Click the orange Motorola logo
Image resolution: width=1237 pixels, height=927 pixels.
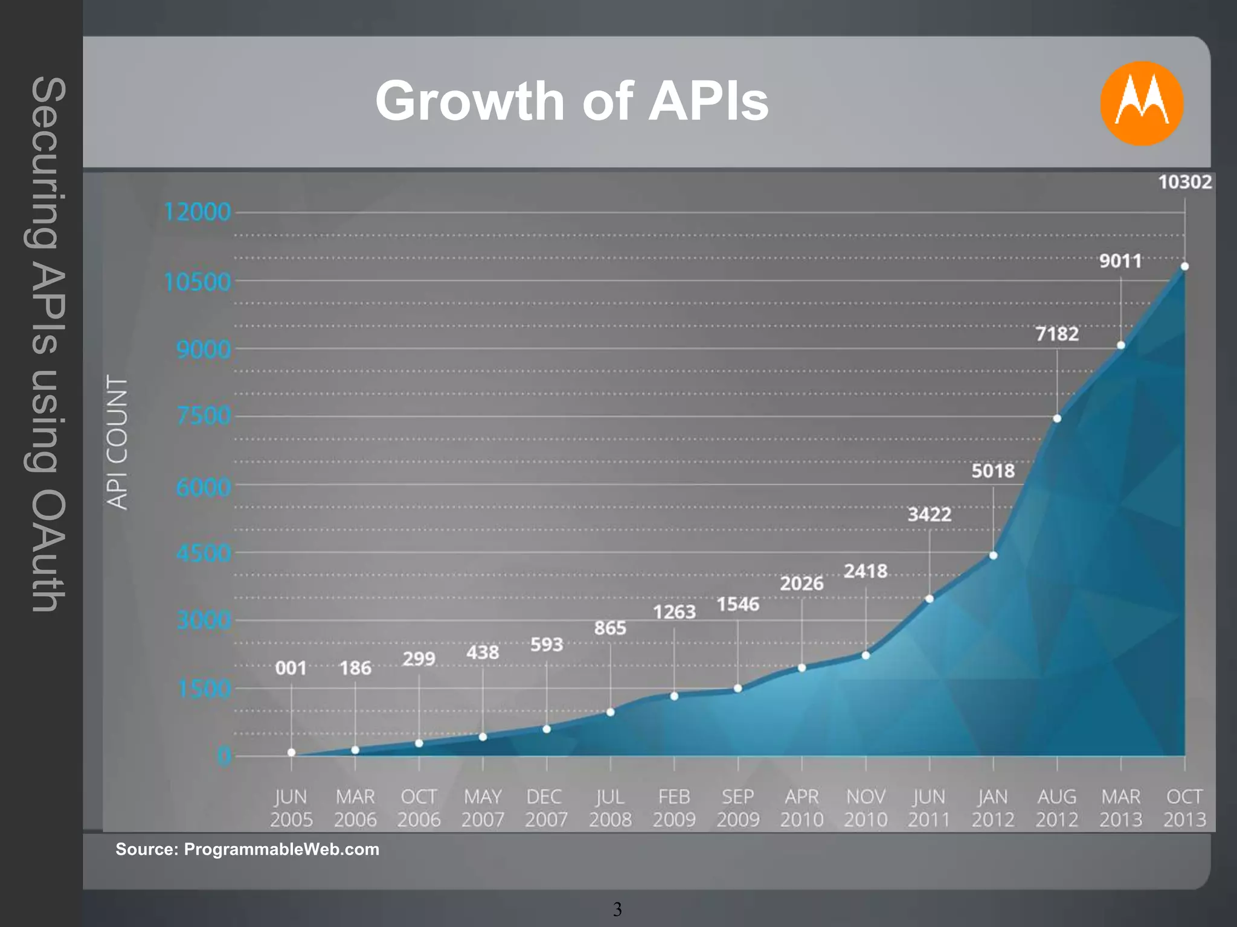tap(1141, 103)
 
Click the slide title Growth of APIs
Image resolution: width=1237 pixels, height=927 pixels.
tap(571, 101)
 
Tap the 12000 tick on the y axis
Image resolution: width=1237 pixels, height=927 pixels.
tap(198, 212)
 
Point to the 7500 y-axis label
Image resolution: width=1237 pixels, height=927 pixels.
tap(204, 416)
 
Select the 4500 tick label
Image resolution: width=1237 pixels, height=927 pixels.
tap(204, 553)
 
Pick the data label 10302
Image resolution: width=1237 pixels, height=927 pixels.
tap(1184, 182)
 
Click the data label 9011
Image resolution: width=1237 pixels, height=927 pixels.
tap(1120, 261)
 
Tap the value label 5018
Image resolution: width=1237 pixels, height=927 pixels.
tap(993, 471)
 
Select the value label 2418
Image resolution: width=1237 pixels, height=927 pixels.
tap(866, 571)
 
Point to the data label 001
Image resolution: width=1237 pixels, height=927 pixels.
tap(291, 668)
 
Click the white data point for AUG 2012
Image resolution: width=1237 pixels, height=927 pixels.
tap(1057, 418)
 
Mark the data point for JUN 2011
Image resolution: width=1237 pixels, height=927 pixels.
tap(930, 599)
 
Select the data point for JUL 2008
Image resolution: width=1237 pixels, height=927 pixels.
tap(611, 712)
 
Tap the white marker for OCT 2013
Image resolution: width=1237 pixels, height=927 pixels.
tap(1184, 266)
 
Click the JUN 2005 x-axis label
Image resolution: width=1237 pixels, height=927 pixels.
tap(291, 808)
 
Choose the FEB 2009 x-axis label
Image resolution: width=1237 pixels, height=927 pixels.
tap(674, 808)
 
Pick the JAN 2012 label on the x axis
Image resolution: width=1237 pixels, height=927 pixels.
tap(993, 808)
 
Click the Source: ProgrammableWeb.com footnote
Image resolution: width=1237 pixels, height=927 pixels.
tap(248, 849)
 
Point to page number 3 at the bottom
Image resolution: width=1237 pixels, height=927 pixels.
tap(617, 909)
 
